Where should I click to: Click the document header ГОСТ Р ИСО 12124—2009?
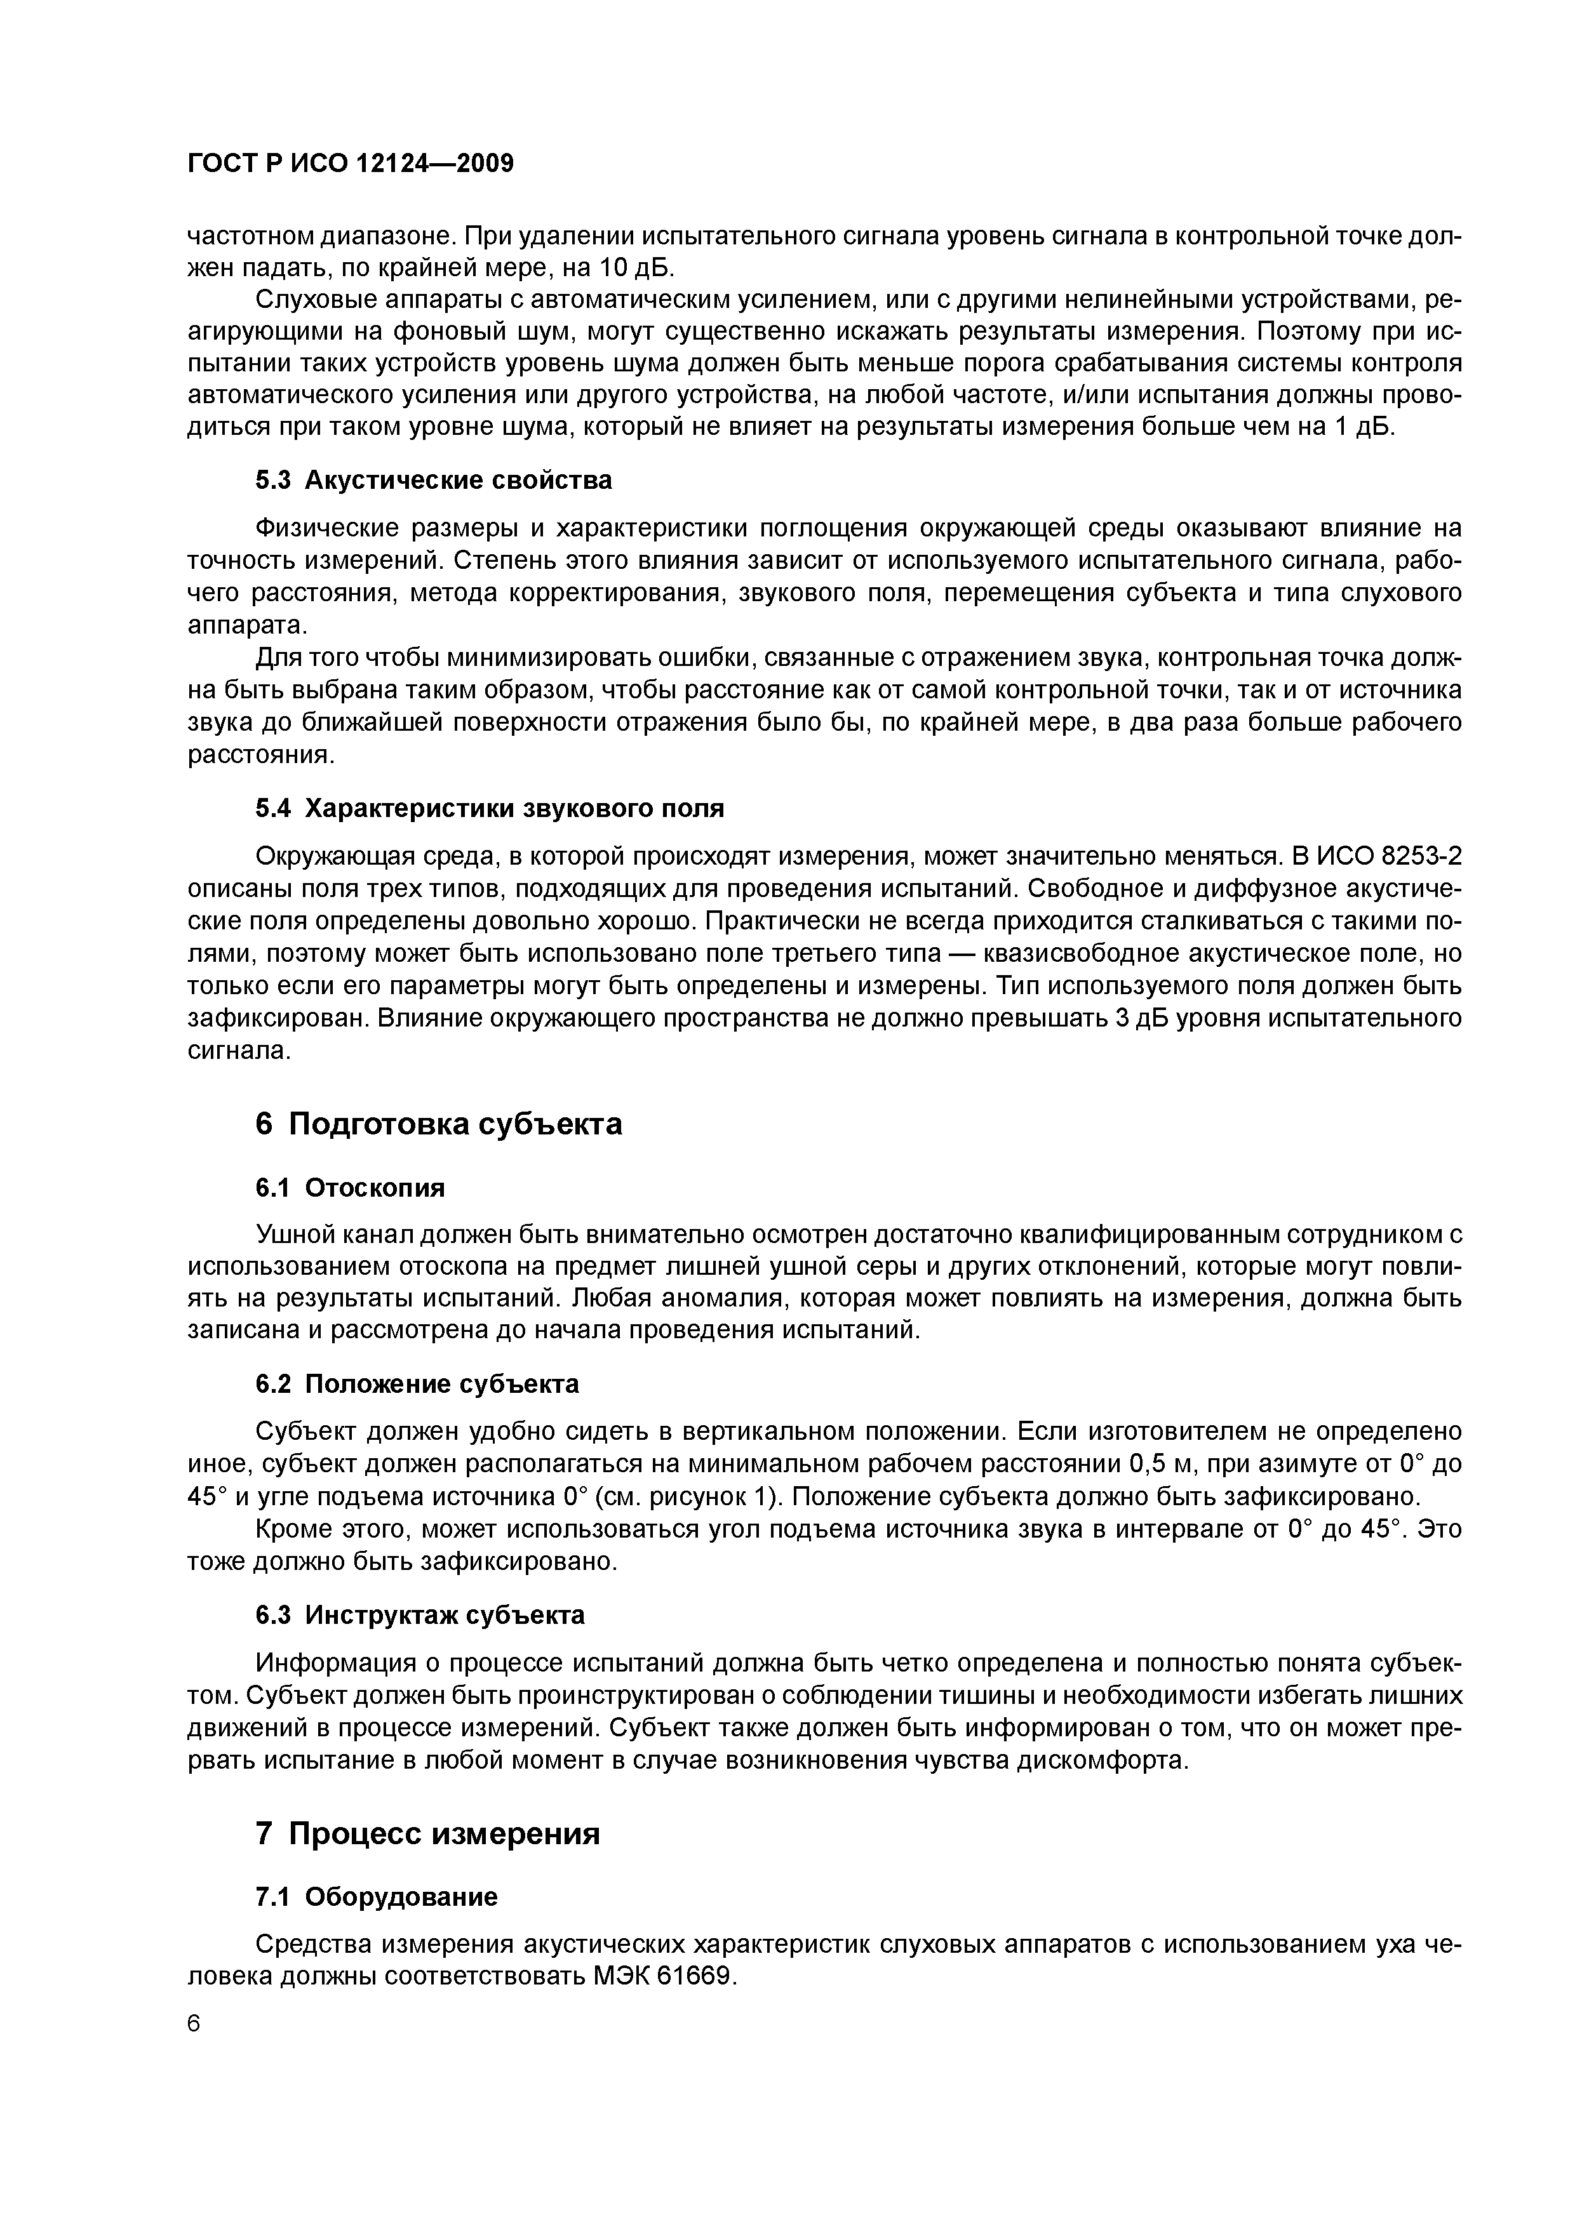pos(349,164)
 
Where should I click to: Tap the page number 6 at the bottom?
pos(194,2024)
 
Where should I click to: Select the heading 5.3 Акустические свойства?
pos(434,480)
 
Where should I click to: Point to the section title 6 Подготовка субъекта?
pos(439,1124)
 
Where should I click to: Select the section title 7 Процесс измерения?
pos(428,1833)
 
